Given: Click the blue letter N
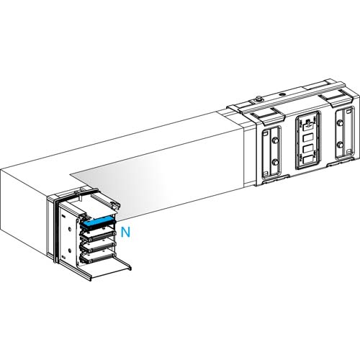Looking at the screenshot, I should (126, 232).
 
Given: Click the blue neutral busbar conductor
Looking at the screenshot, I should (99, 222).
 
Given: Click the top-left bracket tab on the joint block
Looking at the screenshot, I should (262, 114).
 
